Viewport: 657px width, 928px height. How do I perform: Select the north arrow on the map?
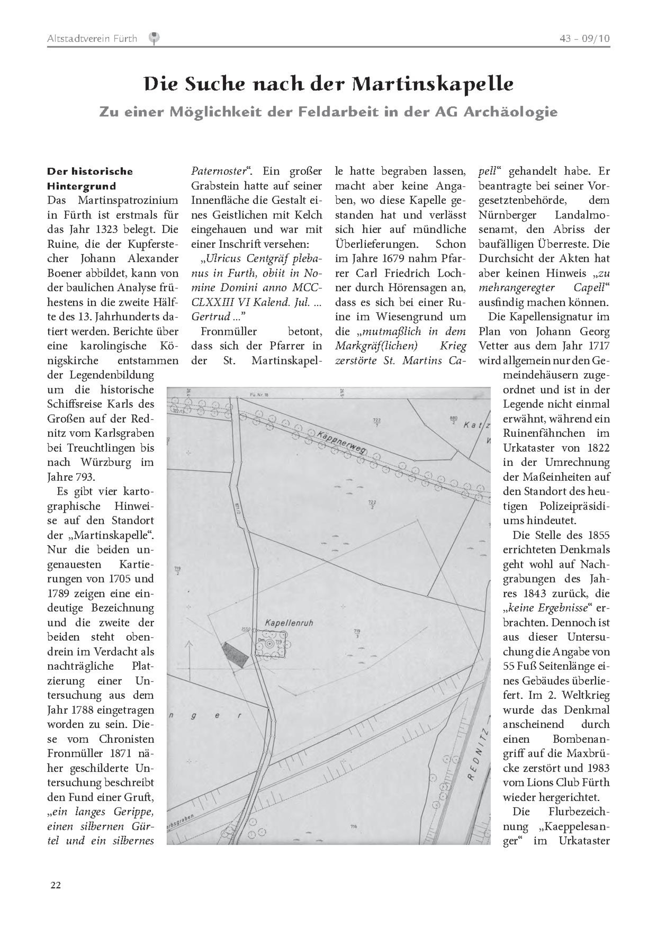coord(188,655)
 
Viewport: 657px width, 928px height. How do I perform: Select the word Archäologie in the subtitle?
coord(510,112)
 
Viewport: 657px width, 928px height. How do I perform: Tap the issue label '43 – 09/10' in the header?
coord(584,39)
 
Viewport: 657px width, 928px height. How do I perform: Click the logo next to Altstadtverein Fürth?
coord(154,38)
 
